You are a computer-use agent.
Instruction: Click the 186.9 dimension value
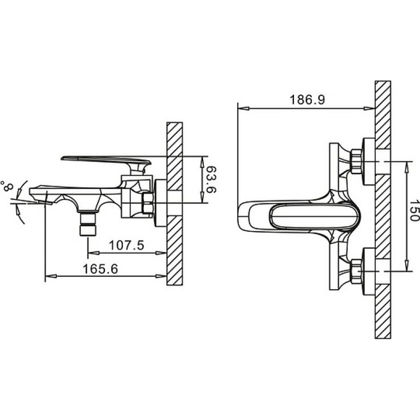(x=307, y=100)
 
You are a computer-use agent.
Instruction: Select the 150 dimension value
(x=414, y=211)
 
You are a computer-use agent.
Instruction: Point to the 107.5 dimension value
(x=127, y=245)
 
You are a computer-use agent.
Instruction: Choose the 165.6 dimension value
(x=100, y=269)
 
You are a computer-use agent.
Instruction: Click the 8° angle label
(x=7, y=186)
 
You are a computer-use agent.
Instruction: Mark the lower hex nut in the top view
(x=356, y=271)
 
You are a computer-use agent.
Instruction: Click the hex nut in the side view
(x=148, y=203)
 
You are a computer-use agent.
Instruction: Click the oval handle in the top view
(x=313, y=217)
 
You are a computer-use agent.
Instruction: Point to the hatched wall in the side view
(x=174, y=204)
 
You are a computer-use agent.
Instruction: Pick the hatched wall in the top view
(x=383, y=209)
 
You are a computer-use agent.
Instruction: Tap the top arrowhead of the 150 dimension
(x=407, y=167)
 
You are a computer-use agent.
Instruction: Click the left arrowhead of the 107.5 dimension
(x=94, y=253)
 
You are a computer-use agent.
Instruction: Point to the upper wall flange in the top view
(x=369, y=162)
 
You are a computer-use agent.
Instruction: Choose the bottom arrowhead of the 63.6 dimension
(x=203, y=197)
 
